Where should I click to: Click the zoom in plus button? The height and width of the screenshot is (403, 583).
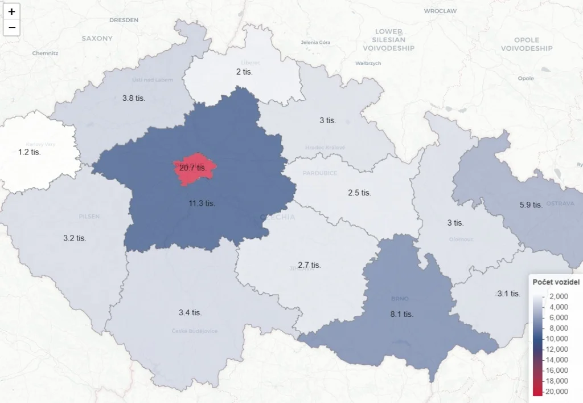click(x=11, y=11)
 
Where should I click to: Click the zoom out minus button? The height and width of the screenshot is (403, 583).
click(x=11, y=27)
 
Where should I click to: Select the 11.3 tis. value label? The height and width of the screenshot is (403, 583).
click(x=202, y=203)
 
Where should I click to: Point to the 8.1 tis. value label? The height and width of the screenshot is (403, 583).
click(x=402, y=314)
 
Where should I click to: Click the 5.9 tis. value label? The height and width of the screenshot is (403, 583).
click(x=531, y=205)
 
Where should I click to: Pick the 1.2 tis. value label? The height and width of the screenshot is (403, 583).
click(x=29, y=152)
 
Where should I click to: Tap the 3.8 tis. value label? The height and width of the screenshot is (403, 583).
click(x=134, y=98)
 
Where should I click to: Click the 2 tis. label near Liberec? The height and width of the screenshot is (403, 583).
click(x=244, y=72)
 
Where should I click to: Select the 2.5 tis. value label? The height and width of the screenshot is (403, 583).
click(x=359, y=193)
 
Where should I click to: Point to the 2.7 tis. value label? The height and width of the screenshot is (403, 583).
click(x=309, y=265)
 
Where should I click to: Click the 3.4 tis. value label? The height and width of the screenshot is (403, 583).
click(x=190, y=312)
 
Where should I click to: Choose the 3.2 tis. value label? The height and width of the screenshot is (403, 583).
click(x=75, y=238)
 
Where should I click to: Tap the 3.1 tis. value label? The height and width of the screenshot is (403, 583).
click(x=508, y=294)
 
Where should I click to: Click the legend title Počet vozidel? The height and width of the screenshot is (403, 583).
click(x=555, y=282)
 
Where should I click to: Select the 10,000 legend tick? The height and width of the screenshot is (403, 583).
click(x=556, y=339)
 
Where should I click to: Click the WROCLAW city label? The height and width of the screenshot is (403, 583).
click(x=440, y=11)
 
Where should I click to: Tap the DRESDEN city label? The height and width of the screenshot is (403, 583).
click(x=124, y=20)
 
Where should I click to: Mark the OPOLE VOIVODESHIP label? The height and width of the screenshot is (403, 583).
click(x=526, y=44)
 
